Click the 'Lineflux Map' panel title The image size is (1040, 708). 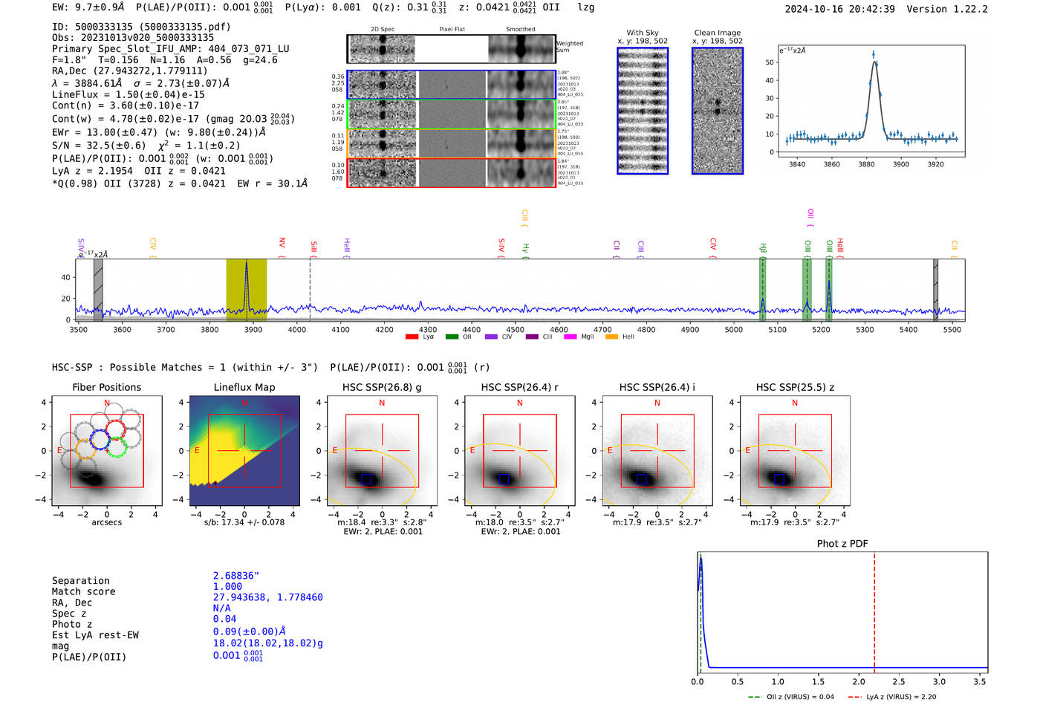tap(244, 387)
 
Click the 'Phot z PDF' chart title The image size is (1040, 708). tap(842, 544)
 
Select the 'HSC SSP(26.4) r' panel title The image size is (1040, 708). tap(519, 387)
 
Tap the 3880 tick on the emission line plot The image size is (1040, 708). tap(866, 164)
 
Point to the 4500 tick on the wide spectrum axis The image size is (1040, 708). tap(515, 330)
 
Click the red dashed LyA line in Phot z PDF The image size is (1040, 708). tap(874, 609)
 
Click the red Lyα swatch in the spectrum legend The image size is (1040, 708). tap(412, 337)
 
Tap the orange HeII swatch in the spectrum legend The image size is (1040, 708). tap(611, 337)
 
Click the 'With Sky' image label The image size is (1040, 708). tap(642, 33)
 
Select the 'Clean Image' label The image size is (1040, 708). tap(717, 33)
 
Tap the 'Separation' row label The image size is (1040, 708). tap(80, 581)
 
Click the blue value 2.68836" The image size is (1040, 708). tap(235, 576)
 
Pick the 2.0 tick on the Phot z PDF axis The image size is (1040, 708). tap(858, 681)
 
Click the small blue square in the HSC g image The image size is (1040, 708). tap(365, 479)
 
